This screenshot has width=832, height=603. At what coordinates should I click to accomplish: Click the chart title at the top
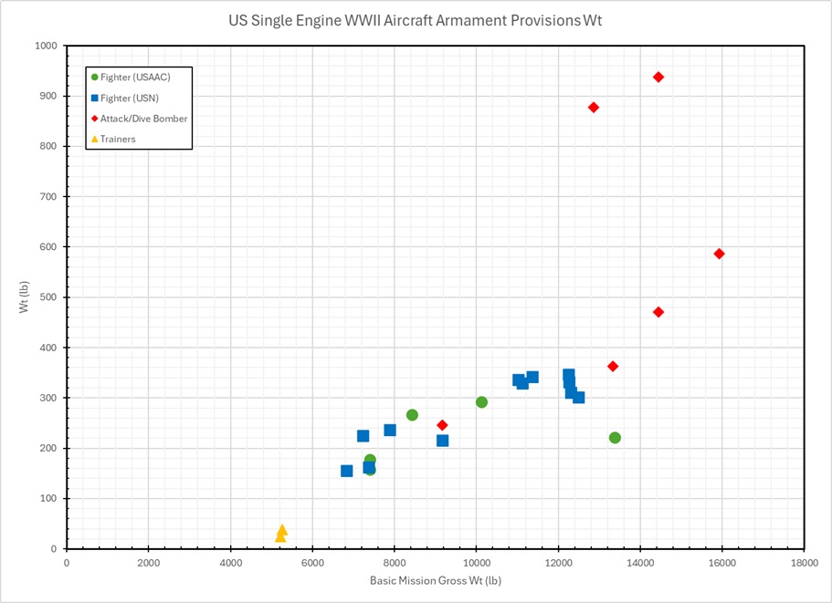(x=416, y=19)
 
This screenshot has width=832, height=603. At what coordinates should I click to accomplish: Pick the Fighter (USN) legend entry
(x=130, y=98)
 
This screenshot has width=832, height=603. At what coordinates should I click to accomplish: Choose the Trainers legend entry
(x=118, y=139)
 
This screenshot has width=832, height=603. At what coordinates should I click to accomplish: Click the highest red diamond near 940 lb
(x=658, y=77)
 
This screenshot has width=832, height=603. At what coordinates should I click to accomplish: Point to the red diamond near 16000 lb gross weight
(x=719, y=254)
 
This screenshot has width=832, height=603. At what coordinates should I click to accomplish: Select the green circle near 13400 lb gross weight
(x=615, y=438)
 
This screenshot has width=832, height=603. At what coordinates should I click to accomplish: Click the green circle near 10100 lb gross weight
(x=481, y=402)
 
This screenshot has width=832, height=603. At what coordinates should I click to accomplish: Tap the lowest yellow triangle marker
(x=280, y=536)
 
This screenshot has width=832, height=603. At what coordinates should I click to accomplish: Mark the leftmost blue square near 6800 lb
(x=346, y=471)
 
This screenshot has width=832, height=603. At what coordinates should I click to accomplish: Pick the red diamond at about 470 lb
(x=658, y=312)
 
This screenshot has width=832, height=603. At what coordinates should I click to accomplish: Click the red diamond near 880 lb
(x=594, y=108)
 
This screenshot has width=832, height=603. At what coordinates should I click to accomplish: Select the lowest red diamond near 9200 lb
(x=442, y=425)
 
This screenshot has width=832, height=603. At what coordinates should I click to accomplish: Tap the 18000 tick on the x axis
(x=804, y=562)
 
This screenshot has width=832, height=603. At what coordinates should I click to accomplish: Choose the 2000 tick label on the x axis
(x=148, y=562)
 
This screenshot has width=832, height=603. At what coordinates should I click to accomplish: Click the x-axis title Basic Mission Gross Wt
(x=435, y=581)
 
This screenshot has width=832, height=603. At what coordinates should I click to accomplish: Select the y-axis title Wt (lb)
(x=24, y=297)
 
